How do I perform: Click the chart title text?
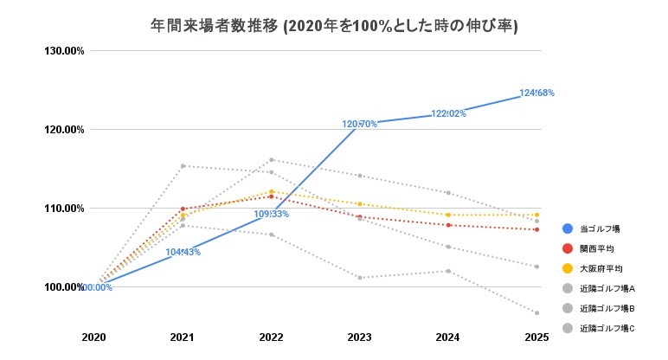334,25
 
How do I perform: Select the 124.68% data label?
536,93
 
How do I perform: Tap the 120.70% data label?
359,125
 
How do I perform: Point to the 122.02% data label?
448,113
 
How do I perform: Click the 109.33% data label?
271,214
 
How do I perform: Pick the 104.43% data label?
183,252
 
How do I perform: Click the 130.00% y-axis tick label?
64,51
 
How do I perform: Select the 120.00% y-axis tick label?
64,130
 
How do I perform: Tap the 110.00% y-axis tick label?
64,209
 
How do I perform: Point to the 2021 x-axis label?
182,336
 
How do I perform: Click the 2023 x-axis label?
359,336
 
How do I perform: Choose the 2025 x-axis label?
536,336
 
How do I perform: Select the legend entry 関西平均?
597,249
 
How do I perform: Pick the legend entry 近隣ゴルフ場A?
607,288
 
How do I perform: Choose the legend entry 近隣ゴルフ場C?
607,328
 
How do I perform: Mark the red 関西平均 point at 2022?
271,196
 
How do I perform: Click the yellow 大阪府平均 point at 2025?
536,215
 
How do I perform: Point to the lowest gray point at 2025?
536,312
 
